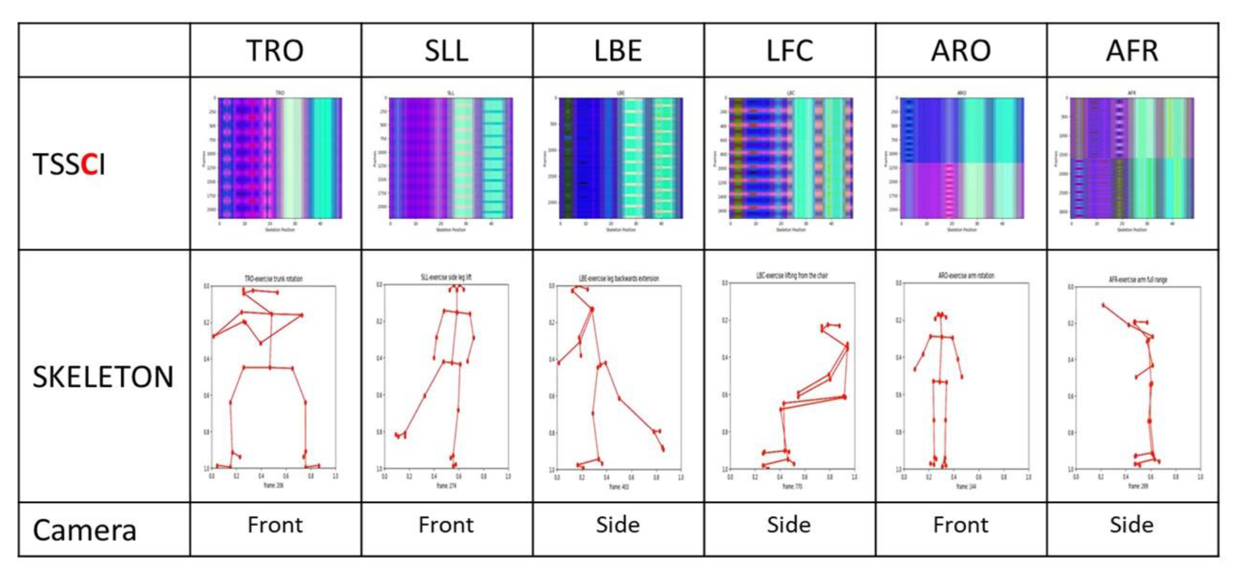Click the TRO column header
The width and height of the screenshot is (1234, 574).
click(x=275, y=51)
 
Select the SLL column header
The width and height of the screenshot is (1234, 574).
click(x=447, y=51)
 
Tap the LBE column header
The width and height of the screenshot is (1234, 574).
click(x=618, y=51)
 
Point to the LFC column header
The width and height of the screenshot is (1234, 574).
click(x=790, y=51)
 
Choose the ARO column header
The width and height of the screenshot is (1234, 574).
click(x=961, y=51)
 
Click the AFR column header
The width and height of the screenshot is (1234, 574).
click(x=1132, y=51)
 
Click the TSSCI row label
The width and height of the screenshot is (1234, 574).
click(x=69, y=164)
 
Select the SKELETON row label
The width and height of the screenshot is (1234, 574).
click(x=103, y=377)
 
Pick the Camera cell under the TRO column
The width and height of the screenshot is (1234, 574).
click(x=275, y=525)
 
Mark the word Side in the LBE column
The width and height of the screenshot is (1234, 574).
click(x=618, y=525)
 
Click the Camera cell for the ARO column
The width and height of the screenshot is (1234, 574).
click(x=961, y=525)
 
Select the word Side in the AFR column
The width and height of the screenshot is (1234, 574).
click(x=1132, y=525)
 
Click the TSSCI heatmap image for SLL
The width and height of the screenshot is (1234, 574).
click(x=451, y=158)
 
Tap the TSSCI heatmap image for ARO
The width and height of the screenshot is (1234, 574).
click(x=962, y=158)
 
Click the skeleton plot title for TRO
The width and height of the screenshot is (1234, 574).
click(x=274, y=279)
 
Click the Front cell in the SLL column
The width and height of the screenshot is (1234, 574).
click(x=447, y=525)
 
